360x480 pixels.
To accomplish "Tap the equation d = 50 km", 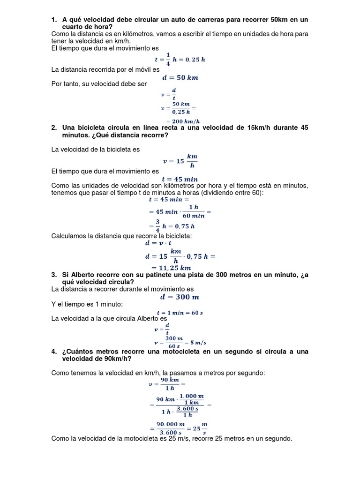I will pyautogui.click(x=180, y=78).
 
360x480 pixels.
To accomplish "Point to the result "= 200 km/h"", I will pyautogui.click(x=177, y=120).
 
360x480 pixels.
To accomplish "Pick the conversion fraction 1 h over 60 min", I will pyautogui.click(x=193, y=211).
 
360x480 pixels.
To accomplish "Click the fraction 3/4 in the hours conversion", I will pyautogui.click(x=158, y=226).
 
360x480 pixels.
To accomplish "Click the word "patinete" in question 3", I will pyautogui.click(x=144, y=275).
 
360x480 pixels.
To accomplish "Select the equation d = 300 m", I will pyautogui.click(x=180, y=297).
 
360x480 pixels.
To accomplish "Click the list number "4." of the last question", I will pyautogui.click(x=54, y=352).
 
